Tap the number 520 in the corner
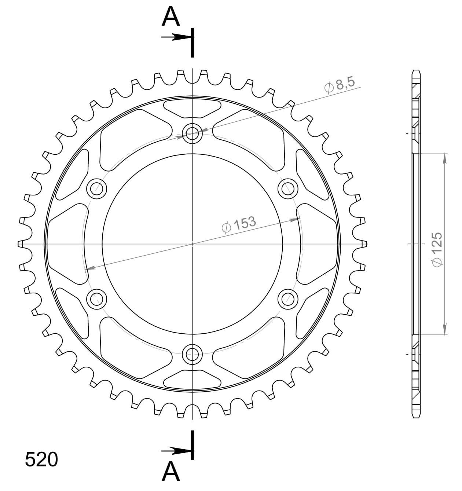[x=41, y=459]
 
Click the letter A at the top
[x=171, y=17]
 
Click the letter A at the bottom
[x=171, y=472]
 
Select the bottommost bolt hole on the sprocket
[x=192, y=354]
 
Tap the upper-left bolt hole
[x=97, y=189]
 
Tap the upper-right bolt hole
[x=287, y=189]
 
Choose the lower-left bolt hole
[x=97, y=299]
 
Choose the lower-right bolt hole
[x=287, y=299]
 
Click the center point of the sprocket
[x=192, y=244]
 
